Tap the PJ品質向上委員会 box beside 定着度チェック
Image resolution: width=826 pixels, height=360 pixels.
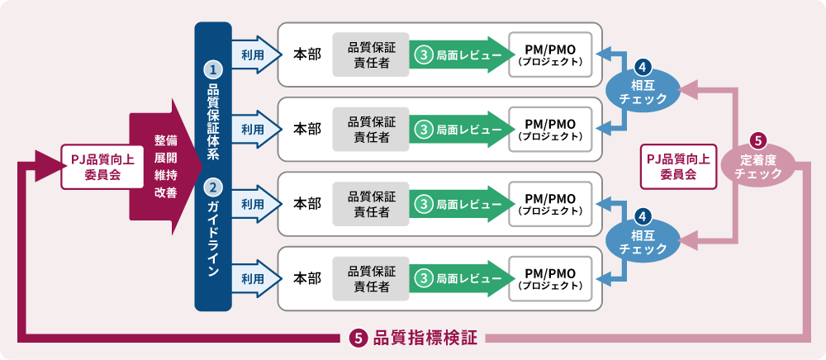click(x=676, y=163)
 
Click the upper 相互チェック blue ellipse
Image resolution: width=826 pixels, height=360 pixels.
click(x=643, y=88)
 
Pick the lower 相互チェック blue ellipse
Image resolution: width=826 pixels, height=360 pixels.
click(x=643, y=239)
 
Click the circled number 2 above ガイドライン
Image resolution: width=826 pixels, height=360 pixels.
click(x=212, y=188)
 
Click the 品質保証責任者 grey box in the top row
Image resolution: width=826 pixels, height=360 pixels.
click(x=371, y=54)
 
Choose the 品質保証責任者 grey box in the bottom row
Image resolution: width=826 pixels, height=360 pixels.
click(x=371, y=279)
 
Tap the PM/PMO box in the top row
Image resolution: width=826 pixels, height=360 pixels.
click(x=550, y=54)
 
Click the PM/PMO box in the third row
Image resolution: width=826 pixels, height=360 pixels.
click(x=550, y=205)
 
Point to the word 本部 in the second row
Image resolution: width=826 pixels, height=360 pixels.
click(x=308, y=130)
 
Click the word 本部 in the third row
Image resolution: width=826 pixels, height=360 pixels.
click(x=308, y=204)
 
